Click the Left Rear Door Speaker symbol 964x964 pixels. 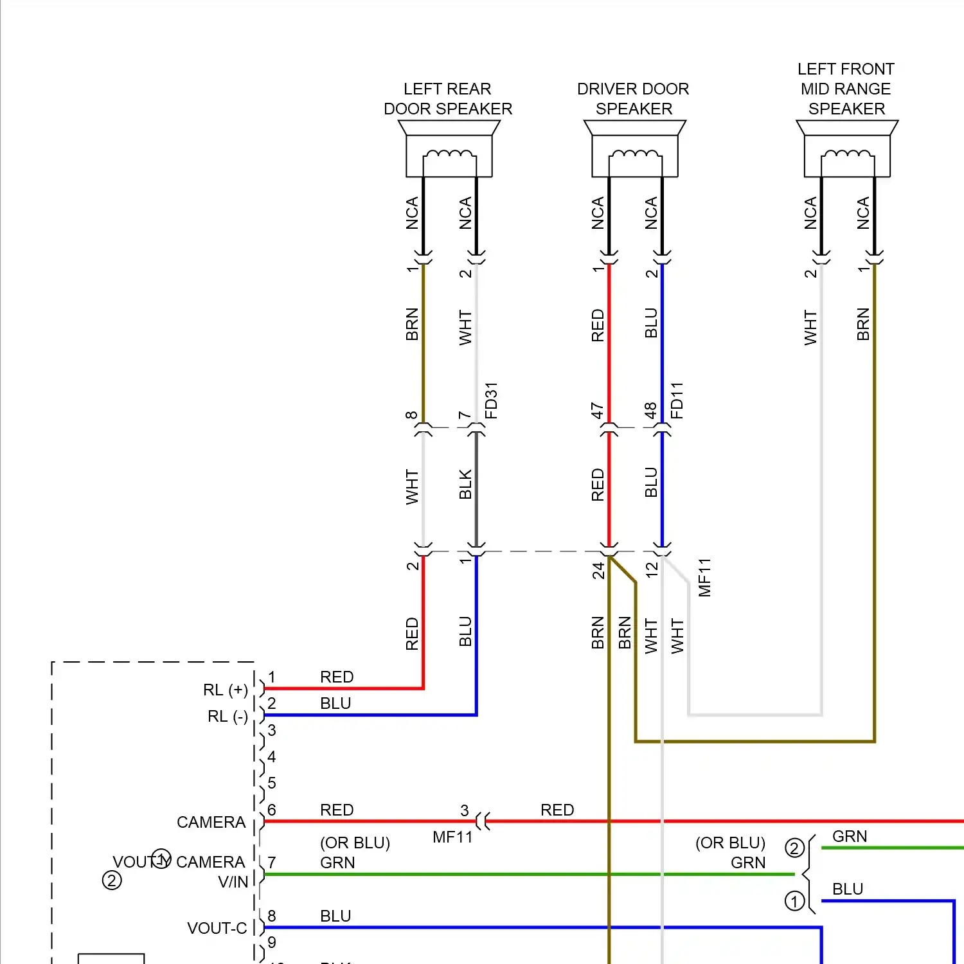[449, 150]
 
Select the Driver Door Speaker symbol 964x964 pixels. [635, 150]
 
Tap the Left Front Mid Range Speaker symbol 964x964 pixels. [847, 150]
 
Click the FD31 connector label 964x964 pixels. [491, 400]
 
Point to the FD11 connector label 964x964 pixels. [677, 400]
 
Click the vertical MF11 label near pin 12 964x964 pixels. [705, 577]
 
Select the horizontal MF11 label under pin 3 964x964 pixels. [452, 837]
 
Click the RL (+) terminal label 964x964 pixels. [226, 690]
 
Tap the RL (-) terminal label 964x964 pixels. [228, 717]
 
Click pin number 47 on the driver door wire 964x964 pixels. [598, 411]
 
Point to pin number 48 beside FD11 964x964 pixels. [651, 411]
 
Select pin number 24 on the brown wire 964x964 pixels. [598, 570]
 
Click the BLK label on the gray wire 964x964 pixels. [465, 485]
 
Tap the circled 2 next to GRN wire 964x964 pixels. [794, 848]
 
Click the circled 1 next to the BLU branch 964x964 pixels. [794, 902]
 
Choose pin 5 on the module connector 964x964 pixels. [272, 783]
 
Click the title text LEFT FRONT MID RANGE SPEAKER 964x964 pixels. [846, 89]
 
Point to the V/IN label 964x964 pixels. [233, 882]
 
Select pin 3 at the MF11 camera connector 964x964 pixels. [464, 810]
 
